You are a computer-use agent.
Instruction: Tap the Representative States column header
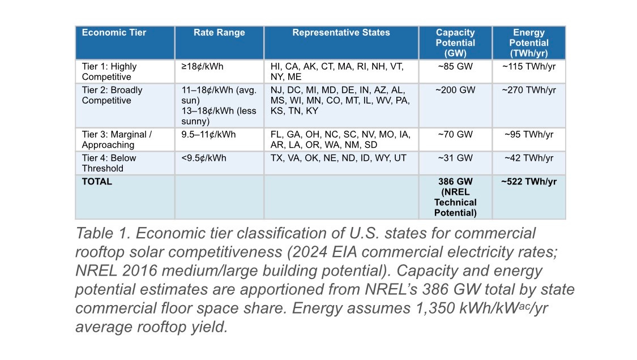tap(341, 33)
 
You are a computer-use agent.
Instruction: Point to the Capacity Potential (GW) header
tap(455, 42)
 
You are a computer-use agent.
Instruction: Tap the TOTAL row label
tap(97, 182)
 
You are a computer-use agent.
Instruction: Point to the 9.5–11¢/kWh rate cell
tap(208, 135)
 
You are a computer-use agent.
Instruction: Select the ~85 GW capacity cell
tap(455, 66)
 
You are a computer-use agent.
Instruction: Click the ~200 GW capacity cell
tap(455, 90)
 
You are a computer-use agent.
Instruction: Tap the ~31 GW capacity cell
tap(455, 158)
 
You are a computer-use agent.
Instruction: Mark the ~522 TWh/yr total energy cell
tap(529, 182)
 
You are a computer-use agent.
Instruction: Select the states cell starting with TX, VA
tap(338, 158)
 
